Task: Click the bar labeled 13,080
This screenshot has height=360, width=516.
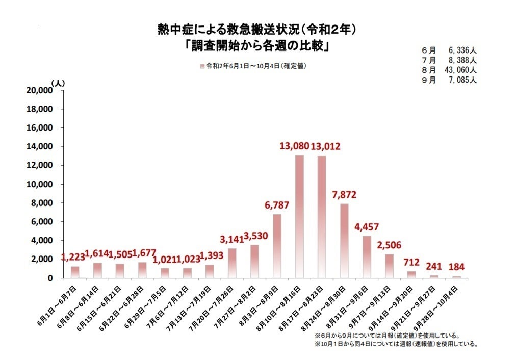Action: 299,216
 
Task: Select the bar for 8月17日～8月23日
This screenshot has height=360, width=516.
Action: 322,217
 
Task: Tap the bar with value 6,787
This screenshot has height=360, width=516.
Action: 277,246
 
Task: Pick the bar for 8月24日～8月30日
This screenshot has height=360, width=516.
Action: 344,241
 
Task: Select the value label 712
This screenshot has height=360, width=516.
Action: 411,263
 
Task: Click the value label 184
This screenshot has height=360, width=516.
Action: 456,266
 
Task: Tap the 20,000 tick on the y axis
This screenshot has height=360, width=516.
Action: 39,90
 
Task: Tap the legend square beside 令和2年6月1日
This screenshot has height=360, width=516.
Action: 203,66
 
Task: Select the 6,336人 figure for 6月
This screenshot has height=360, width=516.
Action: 463,52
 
